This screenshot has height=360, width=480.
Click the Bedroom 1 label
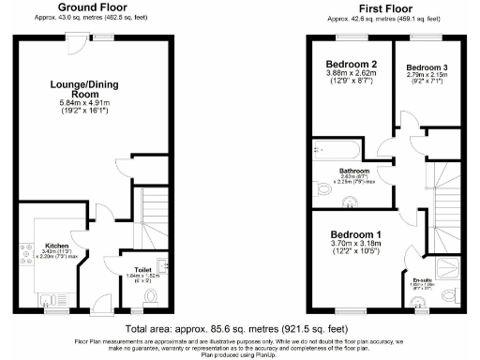(354, 234)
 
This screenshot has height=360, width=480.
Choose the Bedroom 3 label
(427, 68)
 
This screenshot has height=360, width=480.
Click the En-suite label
(422, 279)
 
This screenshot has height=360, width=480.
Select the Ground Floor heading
(92, 7)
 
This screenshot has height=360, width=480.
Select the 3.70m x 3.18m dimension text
(354, 244)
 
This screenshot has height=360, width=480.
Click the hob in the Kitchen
(24, 251)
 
